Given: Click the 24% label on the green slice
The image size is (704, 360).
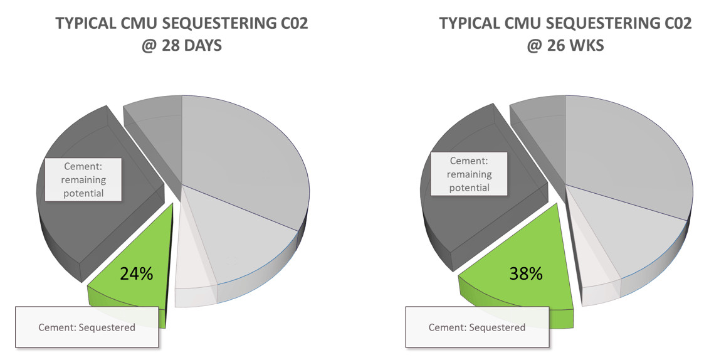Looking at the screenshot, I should point(137,273).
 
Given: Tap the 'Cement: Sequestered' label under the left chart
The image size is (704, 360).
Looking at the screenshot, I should point(87,327).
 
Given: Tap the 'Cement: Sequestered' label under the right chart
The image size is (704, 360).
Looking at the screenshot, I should point(476,327).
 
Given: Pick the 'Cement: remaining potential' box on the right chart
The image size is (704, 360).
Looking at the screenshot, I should point(470,174).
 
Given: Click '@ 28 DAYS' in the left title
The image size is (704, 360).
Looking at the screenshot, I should point(181,46).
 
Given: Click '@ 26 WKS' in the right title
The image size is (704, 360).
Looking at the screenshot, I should point(565,46).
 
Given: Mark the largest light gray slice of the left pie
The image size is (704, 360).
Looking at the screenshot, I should point(244,157).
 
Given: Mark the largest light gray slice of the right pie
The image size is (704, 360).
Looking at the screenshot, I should point(627,157).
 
